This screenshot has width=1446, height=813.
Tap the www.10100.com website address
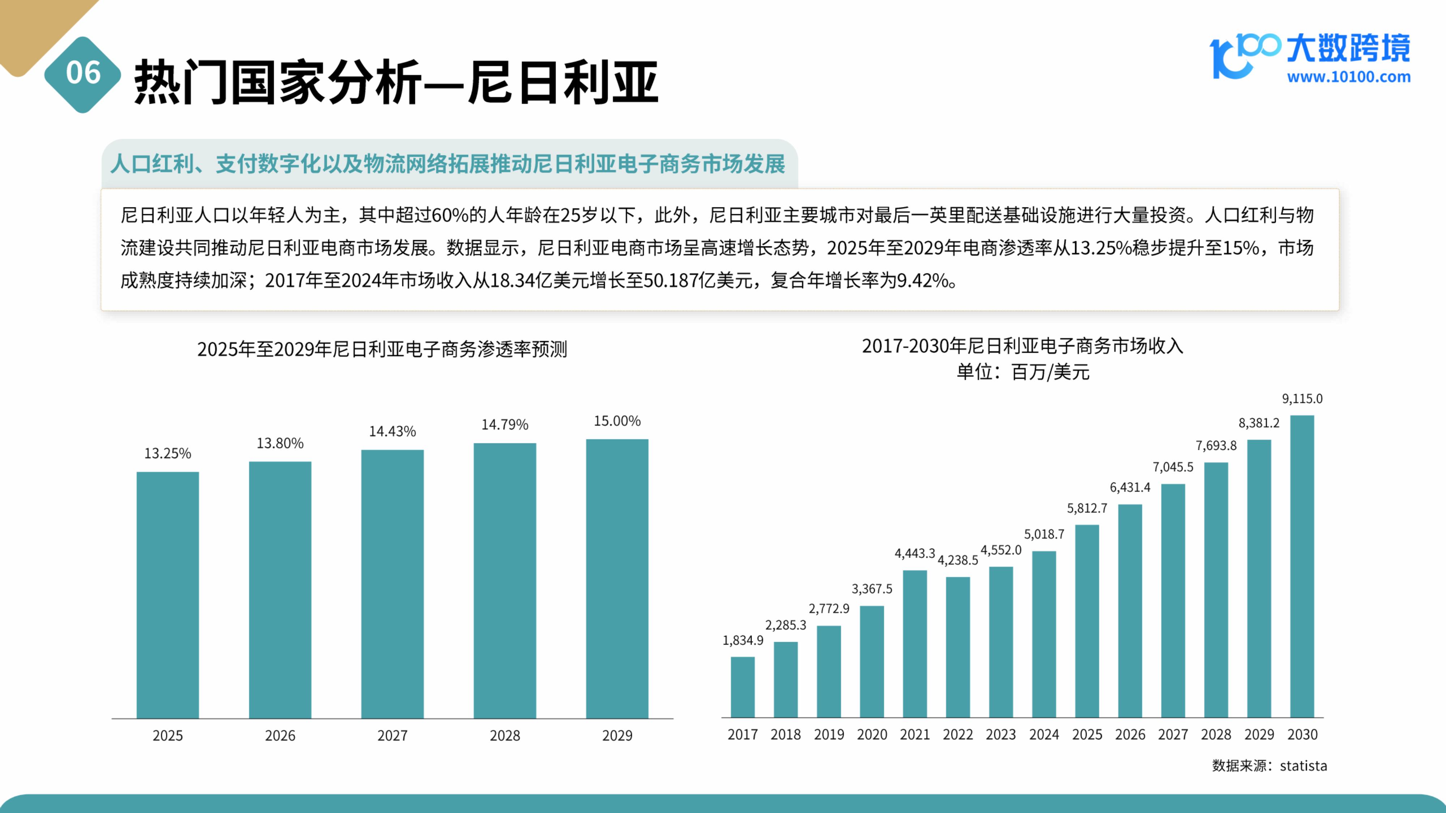[1348, 77]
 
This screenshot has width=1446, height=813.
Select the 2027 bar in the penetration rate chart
[392, 584]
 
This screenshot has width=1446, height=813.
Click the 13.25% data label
[168, 453]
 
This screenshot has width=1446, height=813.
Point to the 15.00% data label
[617, 421]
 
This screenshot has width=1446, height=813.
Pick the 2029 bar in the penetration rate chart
[617, 578]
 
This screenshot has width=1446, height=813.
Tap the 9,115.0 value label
[1302, 399]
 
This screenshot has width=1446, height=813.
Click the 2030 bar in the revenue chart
[1302, 567]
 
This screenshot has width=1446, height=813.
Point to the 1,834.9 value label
[743, 640]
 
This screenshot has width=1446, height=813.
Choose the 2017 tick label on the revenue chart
[743, 735]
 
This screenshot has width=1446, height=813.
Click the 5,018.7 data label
[1044, 534]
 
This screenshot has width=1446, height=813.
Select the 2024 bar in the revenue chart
[1044, 634]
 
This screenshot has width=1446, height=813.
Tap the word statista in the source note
[1304, 766]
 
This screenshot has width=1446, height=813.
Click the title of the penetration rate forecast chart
[382, 349]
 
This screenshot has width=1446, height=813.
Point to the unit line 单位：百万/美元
[1023, 372]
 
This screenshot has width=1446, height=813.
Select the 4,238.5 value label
[958, 560]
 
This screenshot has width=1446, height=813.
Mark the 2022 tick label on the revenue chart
[958, 735]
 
